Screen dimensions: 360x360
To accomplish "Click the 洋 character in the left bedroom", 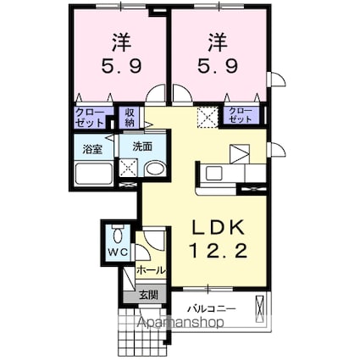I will point(119,40).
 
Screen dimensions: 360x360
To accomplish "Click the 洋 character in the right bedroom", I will point(217,40).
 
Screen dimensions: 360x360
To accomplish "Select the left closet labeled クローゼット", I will point(88,117).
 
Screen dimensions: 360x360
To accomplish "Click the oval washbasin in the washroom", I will point(154,169).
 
